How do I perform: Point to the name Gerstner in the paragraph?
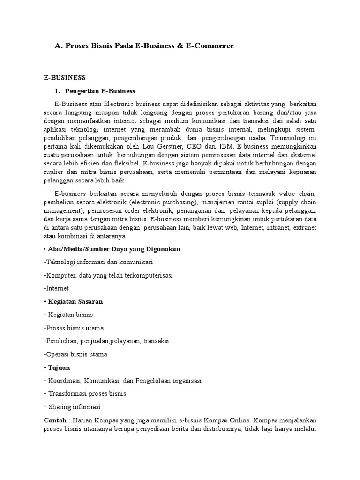tap(163, 146)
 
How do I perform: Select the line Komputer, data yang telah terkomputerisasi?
tap(108, 275)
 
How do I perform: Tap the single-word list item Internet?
tap(56, 288)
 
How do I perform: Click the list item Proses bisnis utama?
tap(74, 328)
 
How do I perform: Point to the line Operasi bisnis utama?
tap(75, 354)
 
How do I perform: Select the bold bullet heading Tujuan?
tap(59, 367)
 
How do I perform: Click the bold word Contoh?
tap(54, 420)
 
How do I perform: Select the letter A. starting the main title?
tap(59, 46)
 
